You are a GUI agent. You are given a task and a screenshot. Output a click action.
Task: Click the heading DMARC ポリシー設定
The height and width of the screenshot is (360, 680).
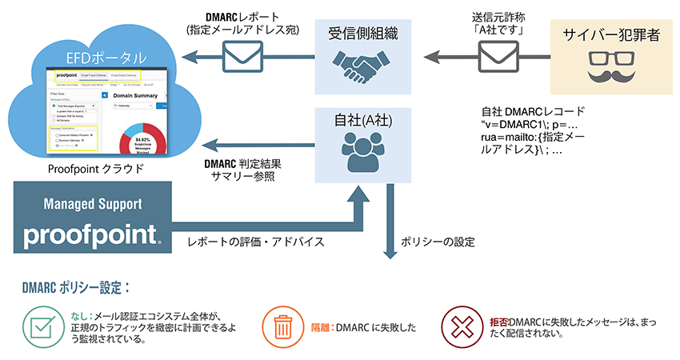pos(76,286)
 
